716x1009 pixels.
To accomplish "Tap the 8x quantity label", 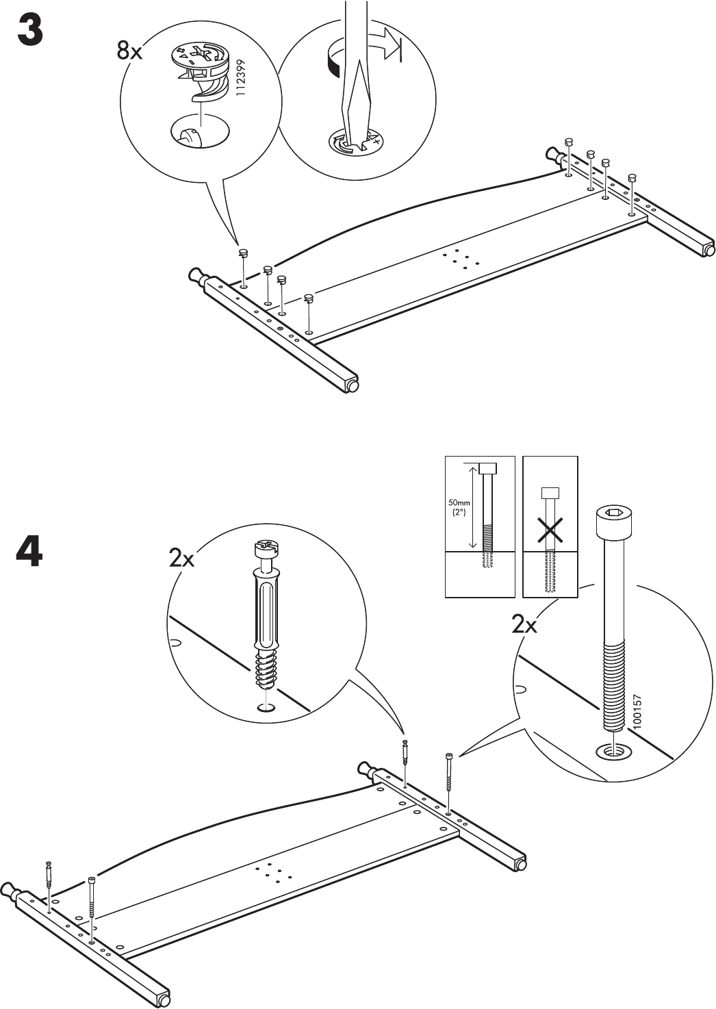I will (x=130, y=50).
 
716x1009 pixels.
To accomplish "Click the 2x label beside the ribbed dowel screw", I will (x=182, y=559).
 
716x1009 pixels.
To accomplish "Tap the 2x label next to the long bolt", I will (x=524, y=624).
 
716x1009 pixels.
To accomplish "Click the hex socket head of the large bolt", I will (x=611, y=513).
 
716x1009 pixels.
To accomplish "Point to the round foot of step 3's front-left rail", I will (x=354, y=386).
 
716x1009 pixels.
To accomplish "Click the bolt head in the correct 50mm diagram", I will (x=487, y=468).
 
